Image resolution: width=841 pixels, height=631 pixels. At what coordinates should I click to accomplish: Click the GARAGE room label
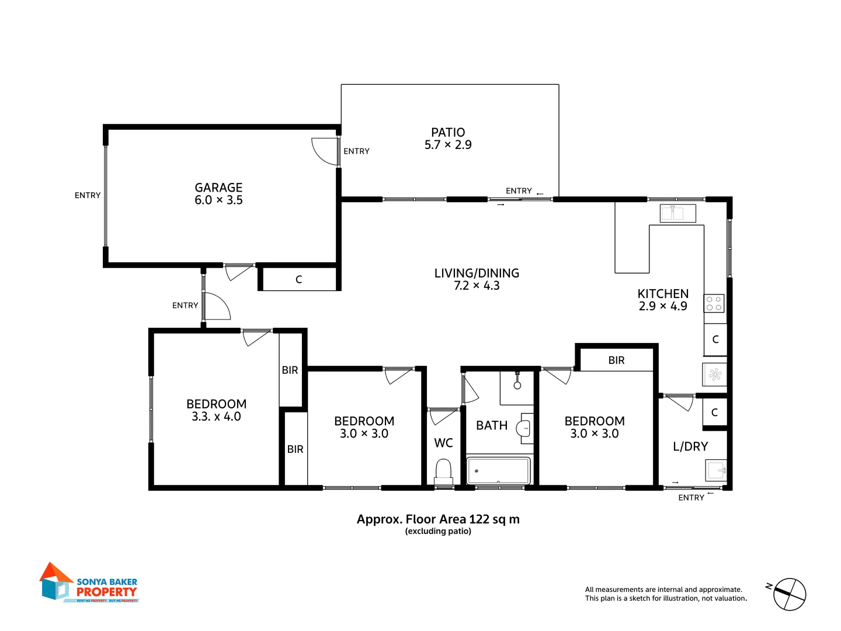(x=218, y=188)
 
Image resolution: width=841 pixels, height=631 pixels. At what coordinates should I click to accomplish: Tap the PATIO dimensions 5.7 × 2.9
(x=448, y=145)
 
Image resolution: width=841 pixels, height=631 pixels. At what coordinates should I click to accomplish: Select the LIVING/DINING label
(x=477, y=273)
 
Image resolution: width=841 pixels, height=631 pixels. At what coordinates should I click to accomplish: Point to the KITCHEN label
(x=663, y=294)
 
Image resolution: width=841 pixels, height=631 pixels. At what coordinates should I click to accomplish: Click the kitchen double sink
(x=677, y=213)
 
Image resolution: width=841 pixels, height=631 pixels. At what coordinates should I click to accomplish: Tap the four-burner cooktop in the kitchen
(x=714, y=303)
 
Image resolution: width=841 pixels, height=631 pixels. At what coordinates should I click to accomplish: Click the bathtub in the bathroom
(x=498, y=470)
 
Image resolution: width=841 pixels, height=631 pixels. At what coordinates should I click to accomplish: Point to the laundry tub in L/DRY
(x=716, y=470)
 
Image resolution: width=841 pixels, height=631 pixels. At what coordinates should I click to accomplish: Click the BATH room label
(x=492, y=426)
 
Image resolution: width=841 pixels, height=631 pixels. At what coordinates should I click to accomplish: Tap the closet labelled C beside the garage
(x=298, y=279)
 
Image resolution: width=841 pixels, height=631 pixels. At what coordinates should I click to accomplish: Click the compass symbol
(x=789, y=594)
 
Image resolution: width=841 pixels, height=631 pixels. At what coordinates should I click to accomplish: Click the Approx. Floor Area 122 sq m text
(x=438, y=519)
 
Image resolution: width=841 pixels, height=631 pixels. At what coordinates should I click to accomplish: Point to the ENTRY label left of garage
(x=88, y=195)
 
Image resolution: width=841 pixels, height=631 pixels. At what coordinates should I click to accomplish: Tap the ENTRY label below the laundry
(x=691, y=498)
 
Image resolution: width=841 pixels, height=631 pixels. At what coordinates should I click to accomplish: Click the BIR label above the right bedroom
(x=616, y=360)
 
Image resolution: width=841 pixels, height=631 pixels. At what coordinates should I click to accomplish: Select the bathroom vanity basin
(x=524, y=428)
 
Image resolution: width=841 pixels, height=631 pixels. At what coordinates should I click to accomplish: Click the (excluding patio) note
(x=438, y=531)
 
